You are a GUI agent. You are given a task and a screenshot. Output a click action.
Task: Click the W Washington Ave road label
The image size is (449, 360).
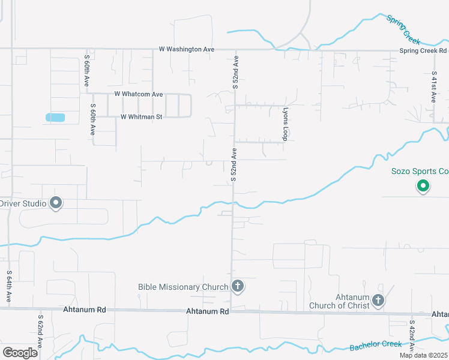pos(187,49)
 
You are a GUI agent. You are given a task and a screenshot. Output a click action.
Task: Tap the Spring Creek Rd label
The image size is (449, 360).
pos(423,51)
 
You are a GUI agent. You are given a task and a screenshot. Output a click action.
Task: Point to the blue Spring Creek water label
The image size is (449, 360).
pos(404,29)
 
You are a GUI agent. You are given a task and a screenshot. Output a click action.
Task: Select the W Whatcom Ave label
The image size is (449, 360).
pos(139,94)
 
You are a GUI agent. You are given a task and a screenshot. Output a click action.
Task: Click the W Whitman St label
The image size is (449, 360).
pos(141,117)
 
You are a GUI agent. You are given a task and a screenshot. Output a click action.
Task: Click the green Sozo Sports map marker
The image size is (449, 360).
pos(423,187)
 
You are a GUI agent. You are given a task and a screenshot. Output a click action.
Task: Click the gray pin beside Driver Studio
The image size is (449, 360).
pos(56,203)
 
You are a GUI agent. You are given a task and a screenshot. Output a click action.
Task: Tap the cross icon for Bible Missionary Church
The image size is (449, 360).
pos(238,286)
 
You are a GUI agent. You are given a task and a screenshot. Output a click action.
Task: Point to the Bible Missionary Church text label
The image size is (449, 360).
pos(183,287)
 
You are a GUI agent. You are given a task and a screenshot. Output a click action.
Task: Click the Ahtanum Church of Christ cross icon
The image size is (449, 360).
pos(378,299)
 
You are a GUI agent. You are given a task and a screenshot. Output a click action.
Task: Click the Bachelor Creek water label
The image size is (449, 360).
pos(375,346)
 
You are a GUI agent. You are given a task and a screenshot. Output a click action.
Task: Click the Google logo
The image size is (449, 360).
pos(20,352)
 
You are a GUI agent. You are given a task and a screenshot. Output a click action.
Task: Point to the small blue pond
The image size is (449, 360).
pos(55,118)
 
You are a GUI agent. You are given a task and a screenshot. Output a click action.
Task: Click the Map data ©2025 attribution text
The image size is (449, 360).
pos(424,355)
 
